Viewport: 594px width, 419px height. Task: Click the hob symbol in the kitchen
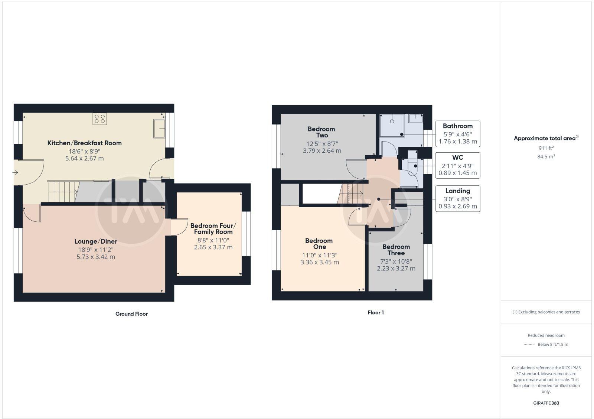click(100, 118)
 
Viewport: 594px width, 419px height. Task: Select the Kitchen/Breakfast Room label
click(84, 143)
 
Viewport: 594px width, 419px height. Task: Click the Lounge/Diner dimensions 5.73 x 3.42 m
click(96, 257)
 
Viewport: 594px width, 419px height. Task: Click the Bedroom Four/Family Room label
click(213, 229)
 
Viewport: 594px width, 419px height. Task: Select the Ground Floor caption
click(131, 314)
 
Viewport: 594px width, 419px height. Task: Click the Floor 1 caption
click(376, 312)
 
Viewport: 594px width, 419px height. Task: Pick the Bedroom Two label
click(322, 132)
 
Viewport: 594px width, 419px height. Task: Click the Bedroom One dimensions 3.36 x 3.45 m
click(319, 262)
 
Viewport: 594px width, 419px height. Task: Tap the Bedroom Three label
click(396, 250)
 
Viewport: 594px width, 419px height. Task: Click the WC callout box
click(457, 165)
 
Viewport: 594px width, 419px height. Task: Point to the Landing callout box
click(457, 199)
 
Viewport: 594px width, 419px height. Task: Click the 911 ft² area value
click(546, 148)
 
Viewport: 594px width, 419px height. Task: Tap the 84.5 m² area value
click(546, 156)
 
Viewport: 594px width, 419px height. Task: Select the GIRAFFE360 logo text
click(546, 403)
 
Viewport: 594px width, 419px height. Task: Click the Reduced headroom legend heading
click(546, 335)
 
